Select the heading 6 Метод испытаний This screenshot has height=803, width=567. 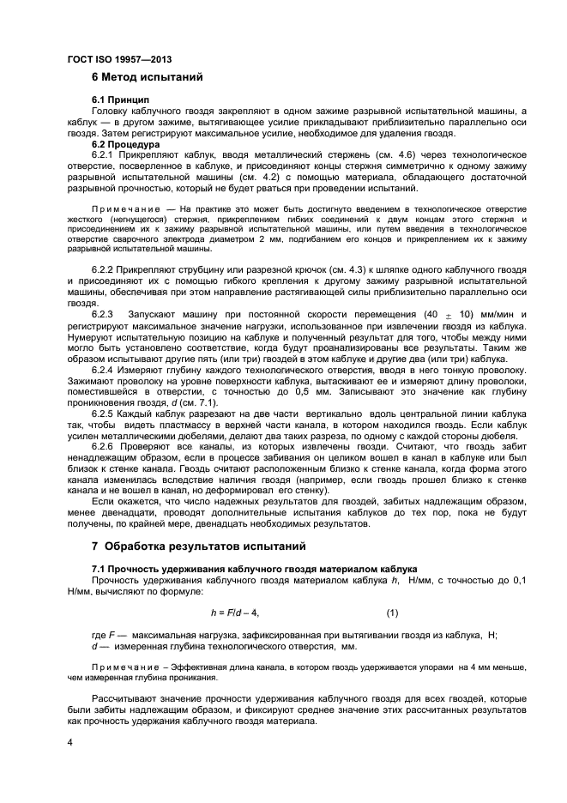click(x=147, y=78)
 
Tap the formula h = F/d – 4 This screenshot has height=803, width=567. click(x=234, y=613)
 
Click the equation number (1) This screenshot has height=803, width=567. click(x=392, y=613)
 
